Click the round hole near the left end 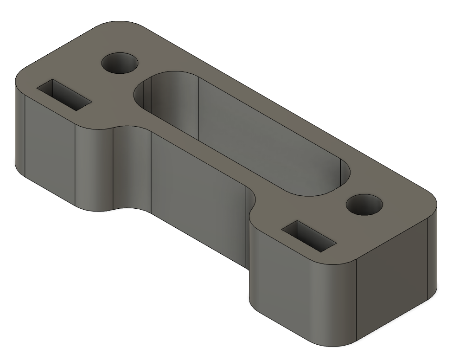click(x=120, y=63)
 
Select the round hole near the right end click(x=364, y=205)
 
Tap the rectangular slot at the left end click(x=64, y=94)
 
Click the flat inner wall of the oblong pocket click(x=260, y=135)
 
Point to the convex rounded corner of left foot click(x=93, y=167)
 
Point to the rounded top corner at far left click(x=21, y=77)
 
